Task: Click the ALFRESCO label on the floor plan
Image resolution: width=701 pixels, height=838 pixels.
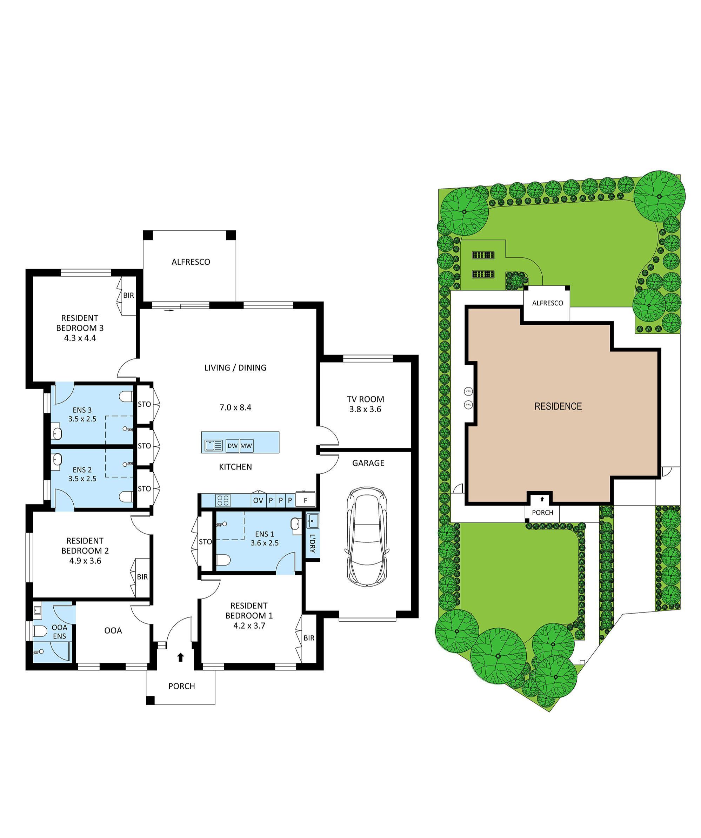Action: click(x=191, y=262)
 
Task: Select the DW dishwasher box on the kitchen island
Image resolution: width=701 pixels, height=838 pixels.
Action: click(x=232, y=446)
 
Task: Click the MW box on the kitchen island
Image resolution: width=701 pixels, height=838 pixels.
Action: click(x=246, y=446)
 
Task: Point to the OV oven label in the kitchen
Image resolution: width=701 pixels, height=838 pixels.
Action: click(x=258, y=500)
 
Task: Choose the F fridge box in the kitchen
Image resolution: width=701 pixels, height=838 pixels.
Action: click(x=305, y=500)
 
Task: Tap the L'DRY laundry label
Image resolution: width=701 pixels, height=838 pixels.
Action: click(x=312, y=543)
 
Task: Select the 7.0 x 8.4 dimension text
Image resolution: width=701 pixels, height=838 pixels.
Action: click(x=235, y=407)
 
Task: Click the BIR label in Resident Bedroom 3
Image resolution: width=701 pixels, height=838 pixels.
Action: click(x=128, y=296)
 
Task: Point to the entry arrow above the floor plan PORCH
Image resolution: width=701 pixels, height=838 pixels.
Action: click(x=181, y=657)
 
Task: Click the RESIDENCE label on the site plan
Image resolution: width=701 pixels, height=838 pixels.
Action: click(x=558, y=406)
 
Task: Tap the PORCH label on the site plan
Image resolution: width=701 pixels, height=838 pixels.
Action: click(x=542, y=512)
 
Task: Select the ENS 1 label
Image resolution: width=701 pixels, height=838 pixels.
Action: click(x=265, y=534)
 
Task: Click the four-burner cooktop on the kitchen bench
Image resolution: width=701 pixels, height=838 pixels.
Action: click(x=222, y=500)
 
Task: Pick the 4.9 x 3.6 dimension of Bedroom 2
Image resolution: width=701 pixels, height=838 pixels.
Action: click(x=85, y=561)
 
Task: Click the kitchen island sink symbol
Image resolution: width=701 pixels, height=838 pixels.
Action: click(x=214, y=445)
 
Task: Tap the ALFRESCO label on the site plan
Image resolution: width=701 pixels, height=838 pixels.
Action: click(x=547, y=303)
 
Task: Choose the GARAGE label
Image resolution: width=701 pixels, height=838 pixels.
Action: click(x=368, y=463)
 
